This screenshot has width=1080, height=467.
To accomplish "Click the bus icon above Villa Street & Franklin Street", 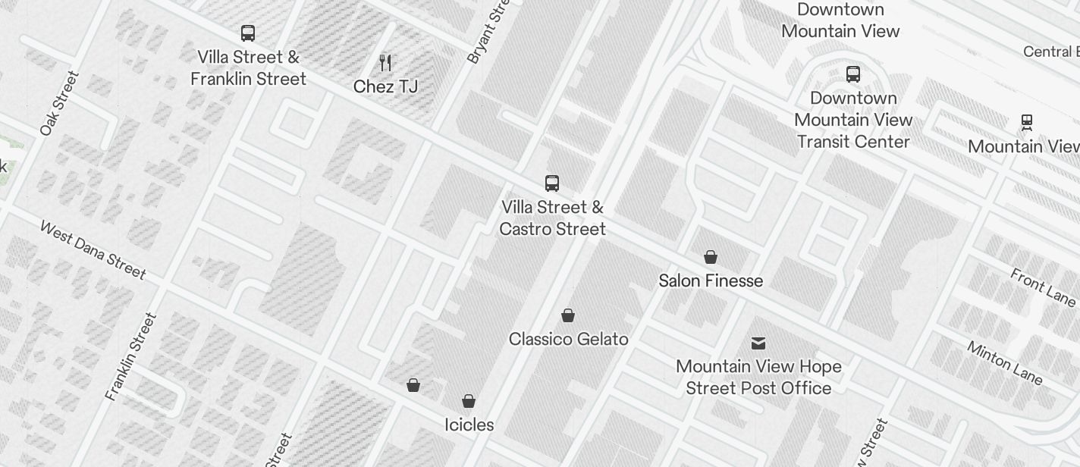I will tap(248, 33).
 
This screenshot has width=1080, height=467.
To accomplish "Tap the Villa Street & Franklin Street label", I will tap(248, 68).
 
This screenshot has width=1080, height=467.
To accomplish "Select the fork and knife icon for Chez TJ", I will tap(385, 63).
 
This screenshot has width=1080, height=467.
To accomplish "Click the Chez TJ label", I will tap(385, 86).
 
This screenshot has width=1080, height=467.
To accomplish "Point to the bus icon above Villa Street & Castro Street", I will tap(552, 183).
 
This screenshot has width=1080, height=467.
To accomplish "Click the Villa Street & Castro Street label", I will tap(552, 218).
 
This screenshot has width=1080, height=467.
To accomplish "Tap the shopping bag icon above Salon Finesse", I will tap(711, 257).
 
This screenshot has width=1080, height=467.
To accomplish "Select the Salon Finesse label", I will tap(711, 281).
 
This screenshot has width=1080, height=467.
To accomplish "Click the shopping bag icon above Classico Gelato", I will tap(568, 315).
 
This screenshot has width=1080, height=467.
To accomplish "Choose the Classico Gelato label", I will tap(568, 339).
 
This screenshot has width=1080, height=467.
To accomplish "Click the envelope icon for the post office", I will tap(758, 343).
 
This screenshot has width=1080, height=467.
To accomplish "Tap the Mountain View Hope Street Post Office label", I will tap(758, 378).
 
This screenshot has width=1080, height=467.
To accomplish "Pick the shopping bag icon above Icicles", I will tap(469, 401).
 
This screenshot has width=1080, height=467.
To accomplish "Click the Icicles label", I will tap(469, 425).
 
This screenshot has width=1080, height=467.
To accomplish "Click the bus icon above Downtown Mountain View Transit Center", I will tap(853, 74).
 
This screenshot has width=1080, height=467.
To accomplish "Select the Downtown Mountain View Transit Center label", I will tap(853, 120).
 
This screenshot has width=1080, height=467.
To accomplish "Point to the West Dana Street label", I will tap(93, 250).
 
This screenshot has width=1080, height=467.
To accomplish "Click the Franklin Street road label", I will tap(131, 356).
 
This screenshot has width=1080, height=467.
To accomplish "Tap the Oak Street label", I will tap(59, 103).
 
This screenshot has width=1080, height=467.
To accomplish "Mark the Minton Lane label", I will tap(1005, 362).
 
